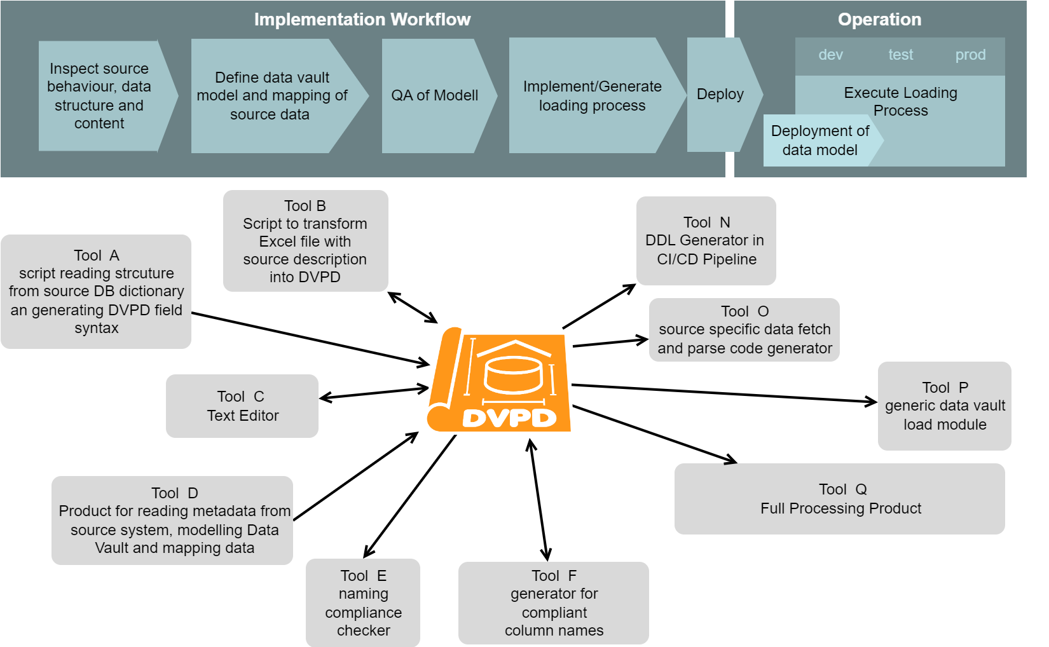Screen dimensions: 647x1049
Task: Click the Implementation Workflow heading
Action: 362,20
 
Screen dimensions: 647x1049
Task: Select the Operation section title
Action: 879,20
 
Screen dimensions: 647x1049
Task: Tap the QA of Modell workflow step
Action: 435,95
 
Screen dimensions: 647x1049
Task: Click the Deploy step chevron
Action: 720,94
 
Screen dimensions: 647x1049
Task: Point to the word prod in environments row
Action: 970,55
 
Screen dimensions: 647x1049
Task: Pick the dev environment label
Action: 830,55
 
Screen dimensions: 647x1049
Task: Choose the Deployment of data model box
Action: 819,140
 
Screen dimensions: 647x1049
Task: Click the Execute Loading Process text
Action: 900,101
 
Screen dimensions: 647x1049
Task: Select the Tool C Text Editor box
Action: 242,406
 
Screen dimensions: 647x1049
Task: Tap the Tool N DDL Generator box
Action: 706,241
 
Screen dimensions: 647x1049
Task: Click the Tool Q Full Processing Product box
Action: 840,499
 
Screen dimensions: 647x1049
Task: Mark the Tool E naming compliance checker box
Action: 363,603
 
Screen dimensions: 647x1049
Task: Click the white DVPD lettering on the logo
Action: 509,418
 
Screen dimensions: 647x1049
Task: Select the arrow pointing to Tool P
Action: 725,393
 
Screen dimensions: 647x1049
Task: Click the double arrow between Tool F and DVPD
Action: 539,500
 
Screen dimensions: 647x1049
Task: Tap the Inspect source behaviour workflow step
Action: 99,96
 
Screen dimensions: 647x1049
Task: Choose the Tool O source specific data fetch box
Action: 744,330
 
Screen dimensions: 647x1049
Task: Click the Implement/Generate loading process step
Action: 592,96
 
